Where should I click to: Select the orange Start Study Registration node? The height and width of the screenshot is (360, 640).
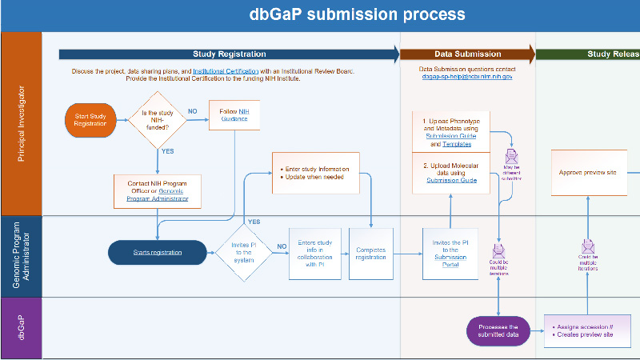click(90, 120)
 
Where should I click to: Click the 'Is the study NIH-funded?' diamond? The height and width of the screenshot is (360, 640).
click(158, 120)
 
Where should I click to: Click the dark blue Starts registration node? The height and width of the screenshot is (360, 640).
click(157, 253)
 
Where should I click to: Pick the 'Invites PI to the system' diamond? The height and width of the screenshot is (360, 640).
click(244, 252)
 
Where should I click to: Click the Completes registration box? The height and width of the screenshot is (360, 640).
click(370, 253)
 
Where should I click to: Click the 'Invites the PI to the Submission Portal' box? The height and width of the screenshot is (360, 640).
click(450, 253)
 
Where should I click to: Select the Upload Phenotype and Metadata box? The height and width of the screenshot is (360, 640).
click(450, 131)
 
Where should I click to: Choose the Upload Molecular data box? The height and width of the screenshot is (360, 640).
click(450, 176)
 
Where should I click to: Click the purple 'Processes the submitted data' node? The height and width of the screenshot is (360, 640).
click(498, 330)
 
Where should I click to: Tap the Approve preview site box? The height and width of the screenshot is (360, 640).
click(588, 171)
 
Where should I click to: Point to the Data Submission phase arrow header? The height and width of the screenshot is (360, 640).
click(468, 54)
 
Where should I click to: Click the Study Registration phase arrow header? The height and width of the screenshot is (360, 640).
click(229, 54)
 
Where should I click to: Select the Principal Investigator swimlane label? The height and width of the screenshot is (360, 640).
click(21, 124)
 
